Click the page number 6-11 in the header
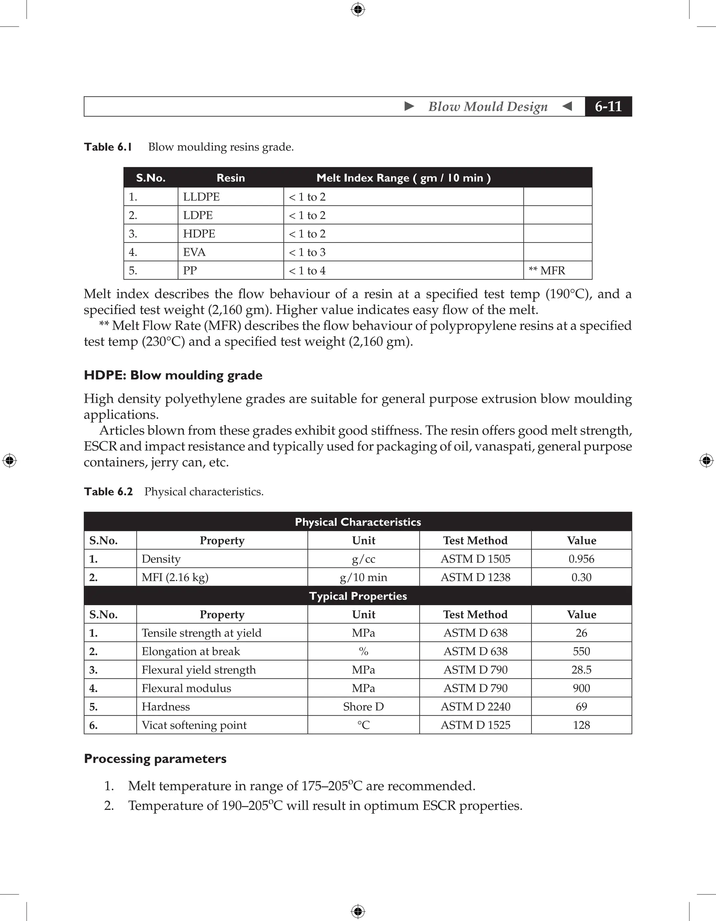[608, 106]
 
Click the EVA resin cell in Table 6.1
[194, 252]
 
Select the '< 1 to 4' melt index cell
[307, 271]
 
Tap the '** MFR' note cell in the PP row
[547, 271]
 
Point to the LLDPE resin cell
[201, 197]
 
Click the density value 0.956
[581, 559]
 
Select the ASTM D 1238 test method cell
[475, 577]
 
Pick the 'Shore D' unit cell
[363, 707]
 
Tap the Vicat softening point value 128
[581, 725]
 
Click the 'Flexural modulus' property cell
[186, 688]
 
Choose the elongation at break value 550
[581, 652]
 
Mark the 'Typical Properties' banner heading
[358, 596]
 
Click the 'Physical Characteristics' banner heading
[358, 522]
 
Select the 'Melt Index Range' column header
[403, 178]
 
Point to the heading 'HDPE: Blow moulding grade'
[173, 375]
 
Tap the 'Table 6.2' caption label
[108, 492]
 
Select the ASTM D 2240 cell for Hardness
[475, 707]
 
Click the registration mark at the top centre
[358, 9]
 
